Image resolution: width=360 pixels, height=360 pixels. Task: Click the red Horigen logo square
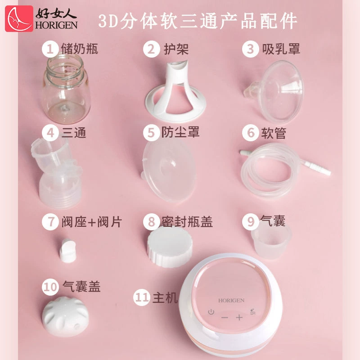click(19, 18)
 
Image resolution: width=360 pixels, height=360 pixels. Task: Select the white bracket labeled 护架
click(175, 92)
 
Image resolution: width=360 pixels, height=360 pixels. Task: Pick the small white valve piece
click(67, 251)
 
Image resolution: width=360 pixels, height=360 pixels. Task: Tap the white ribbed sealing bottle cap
click(170, 247)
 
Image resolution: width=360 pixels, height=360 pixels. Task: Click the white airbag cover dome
click(65, 317)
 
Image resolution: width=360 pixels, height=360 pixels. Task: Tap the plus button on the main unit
click(239, 318)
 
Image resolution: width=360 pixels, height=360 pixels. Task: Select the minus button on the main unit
click(225, 318)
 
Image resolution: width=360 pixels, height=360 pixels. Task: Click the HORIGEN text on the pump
click(231, 301)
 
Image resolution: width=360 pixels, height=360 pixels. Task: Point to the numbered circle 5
click(151, 133)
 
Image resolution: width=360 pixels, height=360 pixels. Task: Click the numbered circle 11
click(141, 297)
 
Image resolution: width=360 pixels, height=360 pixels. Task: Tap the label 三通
click(74, 133)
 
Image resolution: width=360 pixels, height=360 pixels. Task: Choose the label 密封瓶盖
click(187, 222)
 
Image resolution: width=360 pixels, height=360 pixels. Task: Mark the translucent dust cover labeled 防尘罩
click(169, 171)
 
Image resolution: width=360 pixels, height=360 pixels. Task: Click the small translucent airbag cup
click(271, 243)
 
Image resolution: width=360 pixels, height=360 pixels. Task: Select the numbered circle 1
click(50, 49)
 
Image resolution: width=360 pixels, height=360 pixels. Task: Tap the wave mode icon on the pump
click(252, 311)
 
